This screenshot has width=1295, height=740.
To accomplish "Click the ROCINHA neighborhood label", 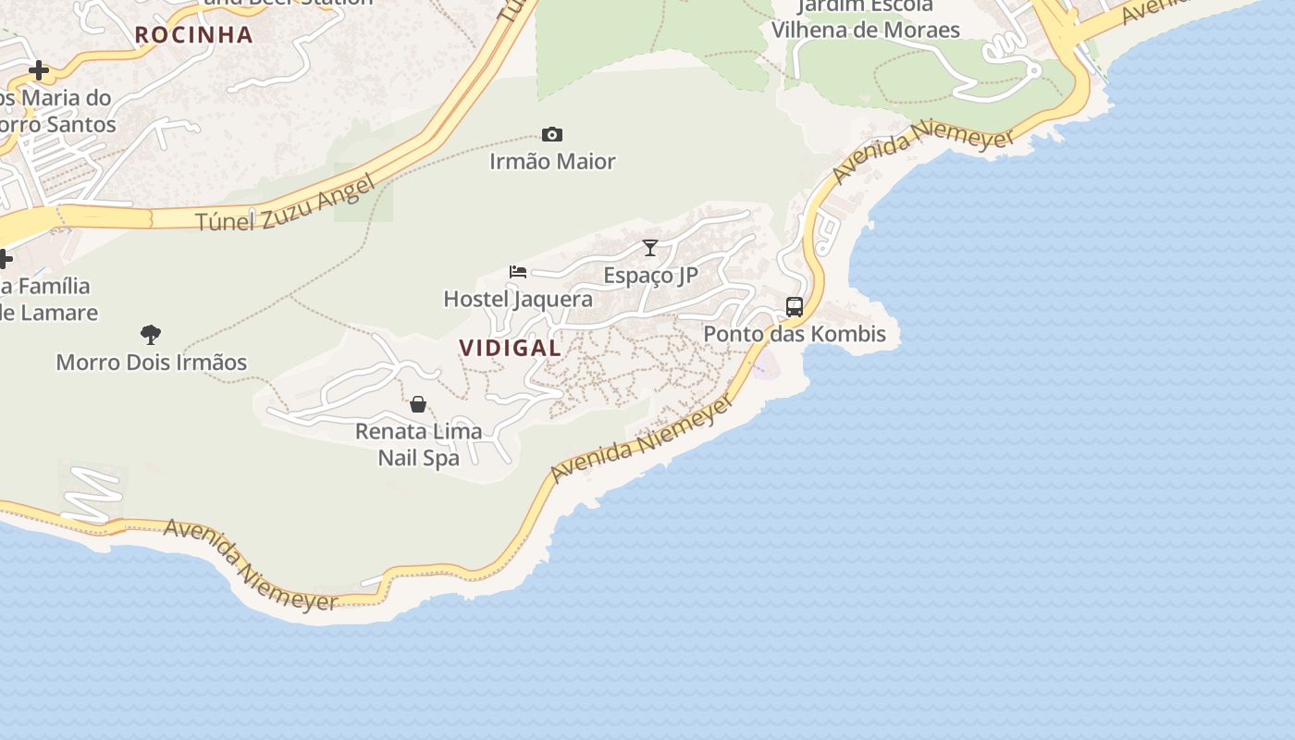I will click(193, 35).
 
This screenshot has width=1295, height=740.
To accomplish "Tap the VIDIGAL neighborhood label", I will click(510, 348).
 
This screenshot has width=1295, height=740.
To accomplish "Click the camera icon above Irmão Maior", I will click(552, 135).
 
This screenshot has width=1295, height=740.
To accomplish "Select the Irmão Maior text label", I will click(552, 162).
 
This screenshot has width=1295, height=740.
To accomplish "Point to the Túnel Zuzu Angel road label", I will click(287, 203).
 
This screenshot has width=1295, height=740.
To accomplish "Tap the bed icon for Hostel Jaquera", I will click(518, 272).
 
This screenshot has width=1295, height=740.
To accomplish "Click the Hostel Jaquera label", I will click(518, 299).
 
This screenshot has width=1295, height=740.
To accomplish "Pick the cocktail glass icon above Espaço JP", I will click(650, 248).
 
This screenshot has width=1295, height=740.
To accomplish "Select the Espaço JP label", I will click(650, 275).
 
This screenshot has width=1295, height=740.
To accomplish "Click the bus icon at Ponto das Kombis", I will click(794, 307).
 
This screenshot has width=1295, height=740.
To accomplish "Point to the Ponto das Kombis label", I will click(795, 334).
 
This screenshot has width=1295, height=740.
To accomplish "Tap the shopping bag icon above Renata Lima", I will click(418, 404).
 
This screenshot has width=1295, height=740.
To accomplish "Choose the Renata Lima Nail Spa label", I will click(419, 444).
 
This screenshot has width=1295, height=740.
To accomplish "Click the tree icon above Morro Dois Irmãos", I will click(151, 334).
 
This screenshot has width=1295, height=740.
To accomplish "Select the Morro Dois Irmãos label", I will click(152, 362).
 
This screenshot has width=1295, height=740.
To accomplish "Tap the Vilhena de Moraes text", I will click(865, 30).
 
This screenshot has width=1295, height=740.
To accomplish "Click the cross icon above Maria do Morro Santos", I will click(39, 70).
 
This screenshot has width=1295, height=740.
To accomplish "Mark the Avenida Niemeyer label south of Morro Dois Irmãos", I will click(251, 564).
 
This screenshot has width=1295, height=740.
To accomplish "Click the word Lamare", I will click(55, 313).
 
